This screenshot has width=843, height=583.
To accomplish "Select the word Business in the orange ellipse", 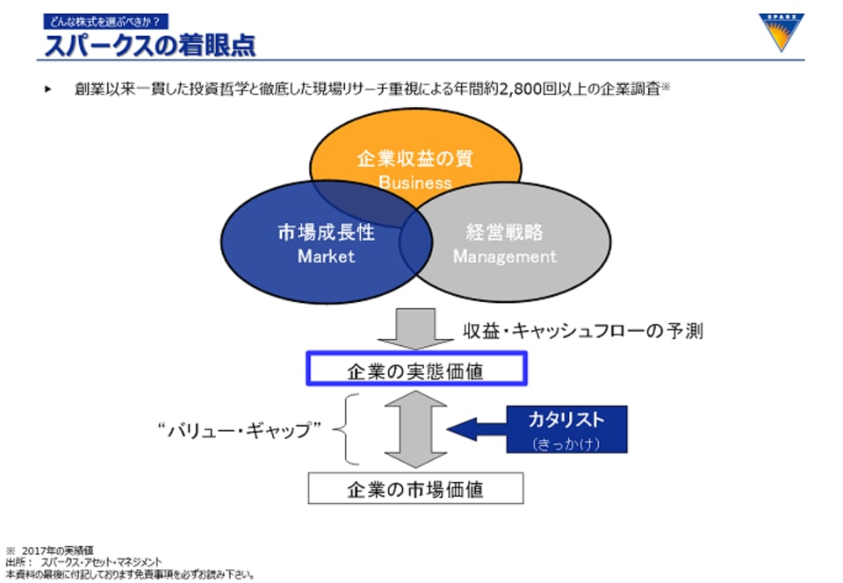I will [415, 183].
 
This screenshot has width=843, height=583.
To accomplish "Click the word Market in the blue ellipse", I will [326, 256].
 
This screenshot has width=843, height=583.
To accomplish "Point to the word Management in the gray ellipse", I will [505, 256].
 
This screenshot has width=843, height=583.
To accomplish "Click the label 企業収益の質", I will [415, 159].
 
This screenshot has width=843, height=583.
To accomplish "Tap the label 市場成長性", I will [326, 233].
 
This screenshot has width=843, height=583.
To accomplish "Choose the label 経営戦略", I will [505, 233].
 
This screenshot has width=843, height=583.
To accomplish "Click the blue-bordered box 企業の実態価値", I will [415, 370].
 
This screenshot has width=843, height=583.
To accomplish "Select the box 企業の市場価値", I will [415, 488].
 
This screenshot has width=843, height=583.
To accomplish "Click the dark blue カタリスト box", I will [566, 428].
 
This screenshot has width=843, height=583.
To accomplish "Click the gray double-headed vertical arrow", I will [415, 428].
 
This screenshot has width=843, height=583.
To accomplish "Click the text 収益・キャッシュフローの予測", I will [583, 331].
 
